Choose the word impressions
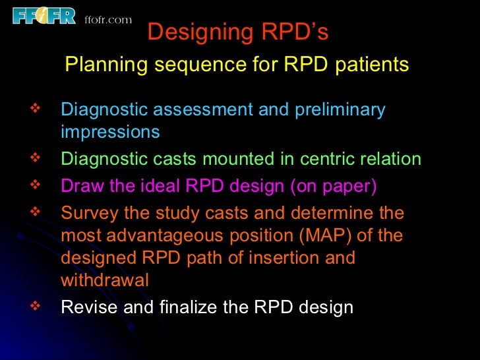(110, 132)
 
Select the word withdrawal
(105, 280)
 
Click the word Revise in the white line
(83, 307)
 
